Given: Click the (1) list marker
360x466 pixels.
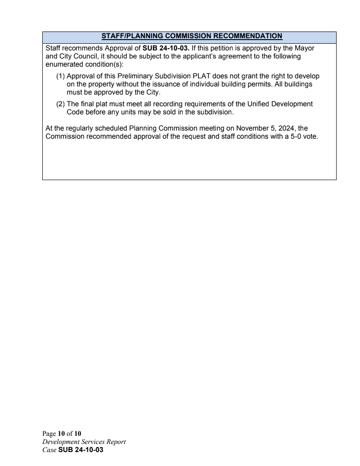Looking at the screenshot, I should point(60,77).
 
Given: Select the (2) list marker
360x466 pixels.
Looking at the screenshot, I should point(60,104).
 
